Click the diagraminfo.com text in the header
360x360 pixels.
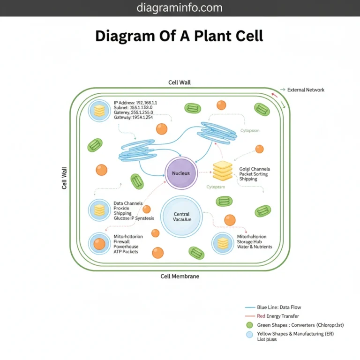click(180, 8)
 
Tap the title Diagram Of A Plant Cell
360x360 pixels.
click(180, 36)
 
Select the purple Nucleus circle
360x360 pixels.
click(181, 173)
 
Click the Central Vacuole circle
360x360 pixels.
click(181, 217)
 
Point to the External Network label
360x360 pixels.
click(306, 90)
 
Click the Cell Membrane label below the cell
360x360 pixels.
click(180, 276)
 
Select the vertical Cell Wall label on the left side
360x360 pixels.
click(65, 178)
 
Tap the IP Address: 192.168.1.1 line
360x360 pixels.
click(135, 102)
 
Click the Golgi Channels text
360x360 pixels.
click(255, 169)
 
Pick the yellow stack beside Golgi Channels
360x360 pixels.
click(223, 171)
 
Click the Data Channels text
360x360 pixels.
click(128, 203)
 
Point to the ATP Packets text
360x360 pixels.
click(127, 251)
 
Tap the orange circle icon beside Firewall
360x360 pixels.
click(99, 244)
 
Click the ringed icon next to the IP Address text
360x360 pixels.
click(99, 111)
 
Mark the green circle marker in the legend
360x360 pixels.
click(249, 325)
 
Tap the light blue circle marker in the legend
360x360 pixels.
click(249, 334)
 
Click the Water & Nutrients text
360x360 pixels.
click(255, 247)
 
